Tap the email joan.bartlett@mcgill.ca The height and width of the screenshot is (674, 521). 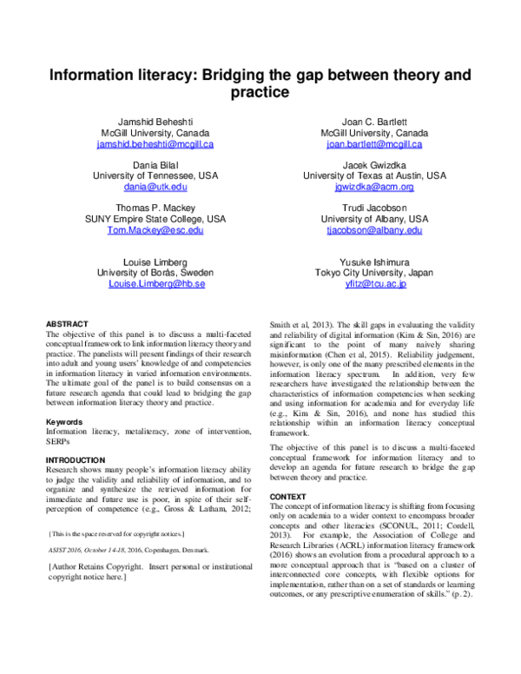coord(373,144)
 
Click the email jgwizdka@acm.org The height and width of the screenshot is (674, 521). coord(373,187)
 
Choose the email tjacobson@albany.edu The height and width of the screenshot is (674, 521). coord(373,230)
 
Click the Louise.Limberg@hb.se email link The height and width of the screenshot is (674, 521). coord(156,284)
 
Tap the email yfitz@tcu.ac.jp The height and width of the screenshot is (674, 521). coord(373,284)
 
